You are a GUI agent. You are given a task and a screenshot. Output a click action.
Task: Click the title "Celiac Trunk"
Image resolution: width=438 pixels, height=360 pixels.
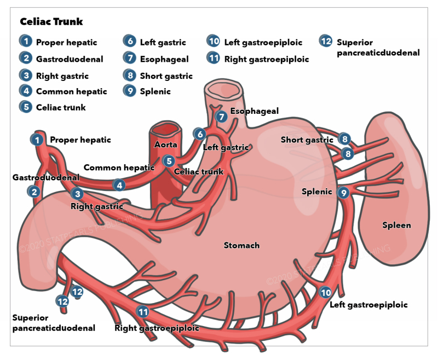point(51,22)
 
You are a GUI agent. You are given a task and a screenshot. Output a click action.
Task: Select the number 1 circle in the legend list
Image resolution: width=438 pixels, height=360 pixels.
point(25,42)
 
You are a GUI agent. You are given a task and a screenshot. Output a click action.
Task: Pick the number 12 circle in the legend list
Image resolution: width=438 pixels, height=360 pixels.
point(326,42)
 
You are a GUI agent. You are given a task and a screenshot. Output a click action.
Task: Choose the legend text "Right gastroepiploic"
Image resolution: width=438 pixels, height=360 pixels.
point(267,59)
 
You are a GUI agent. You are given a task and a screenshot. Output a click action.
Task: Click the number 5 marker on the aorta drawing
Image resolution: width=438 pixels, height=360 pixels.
point(169,161)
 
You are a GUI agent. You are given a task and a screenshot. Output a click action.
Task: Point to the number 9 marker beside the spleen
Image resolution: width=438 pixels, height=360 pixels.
point(343,192)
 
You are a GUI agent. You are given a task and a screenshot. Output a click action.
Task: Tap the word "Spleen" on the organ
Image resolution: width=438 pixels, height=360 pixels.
point(396,225)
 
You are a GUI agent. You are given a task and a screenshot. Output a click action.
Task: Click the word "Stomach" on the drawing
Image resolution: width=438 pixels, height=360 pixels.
point(241,245)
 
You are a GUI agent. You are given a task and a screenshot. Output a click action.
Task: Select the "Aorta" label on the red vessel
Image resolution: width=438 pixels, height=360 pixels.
point(165,144)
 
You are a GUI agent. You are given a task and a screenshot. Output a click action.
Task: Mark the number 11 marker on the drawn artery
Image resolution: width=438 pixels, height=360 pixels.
point(143,312)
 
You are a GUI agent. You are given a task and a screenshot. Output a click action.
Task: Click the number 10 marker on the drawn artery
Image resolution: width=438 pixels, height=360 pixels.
point(326,292)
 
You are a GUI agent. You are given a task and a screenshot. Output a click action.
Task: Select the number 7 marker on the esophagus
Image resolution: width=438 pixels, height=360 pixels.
point(221,117)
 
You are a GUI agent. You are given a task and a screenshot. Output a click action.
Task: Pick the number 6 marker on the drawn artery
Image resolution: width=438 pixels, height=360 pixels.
point(200,134)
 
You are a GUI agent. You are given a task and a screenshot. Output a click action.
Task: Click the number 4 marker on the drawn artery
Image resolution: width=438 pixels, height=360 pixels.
point(119,185)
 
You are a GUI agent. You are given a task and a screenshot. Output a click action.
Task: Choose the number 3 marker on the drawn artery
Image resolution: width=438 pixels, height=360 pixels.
point(78,193)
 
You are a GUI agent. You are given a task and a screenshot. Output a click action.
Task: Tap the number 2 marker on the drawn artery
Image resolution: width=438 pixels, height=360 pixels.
point(34,191)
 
